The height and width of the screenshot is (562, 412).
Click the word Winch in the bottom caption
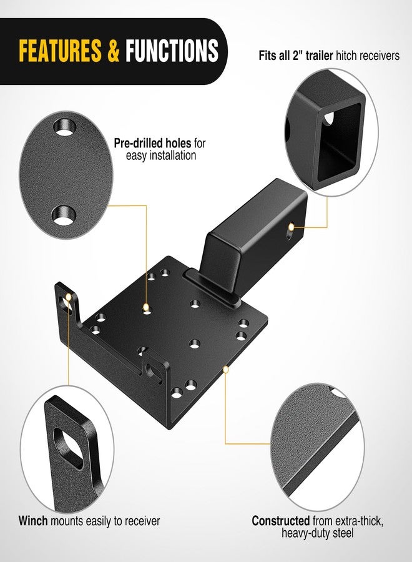click(32, 520)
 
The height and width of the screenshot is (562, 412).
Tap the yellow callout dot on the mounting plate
click(146, 307)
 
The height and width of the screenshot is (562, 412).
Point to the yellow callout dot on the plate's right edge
click(226, 369)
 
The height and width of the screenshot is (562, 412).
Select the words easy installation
click(160, 155)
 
